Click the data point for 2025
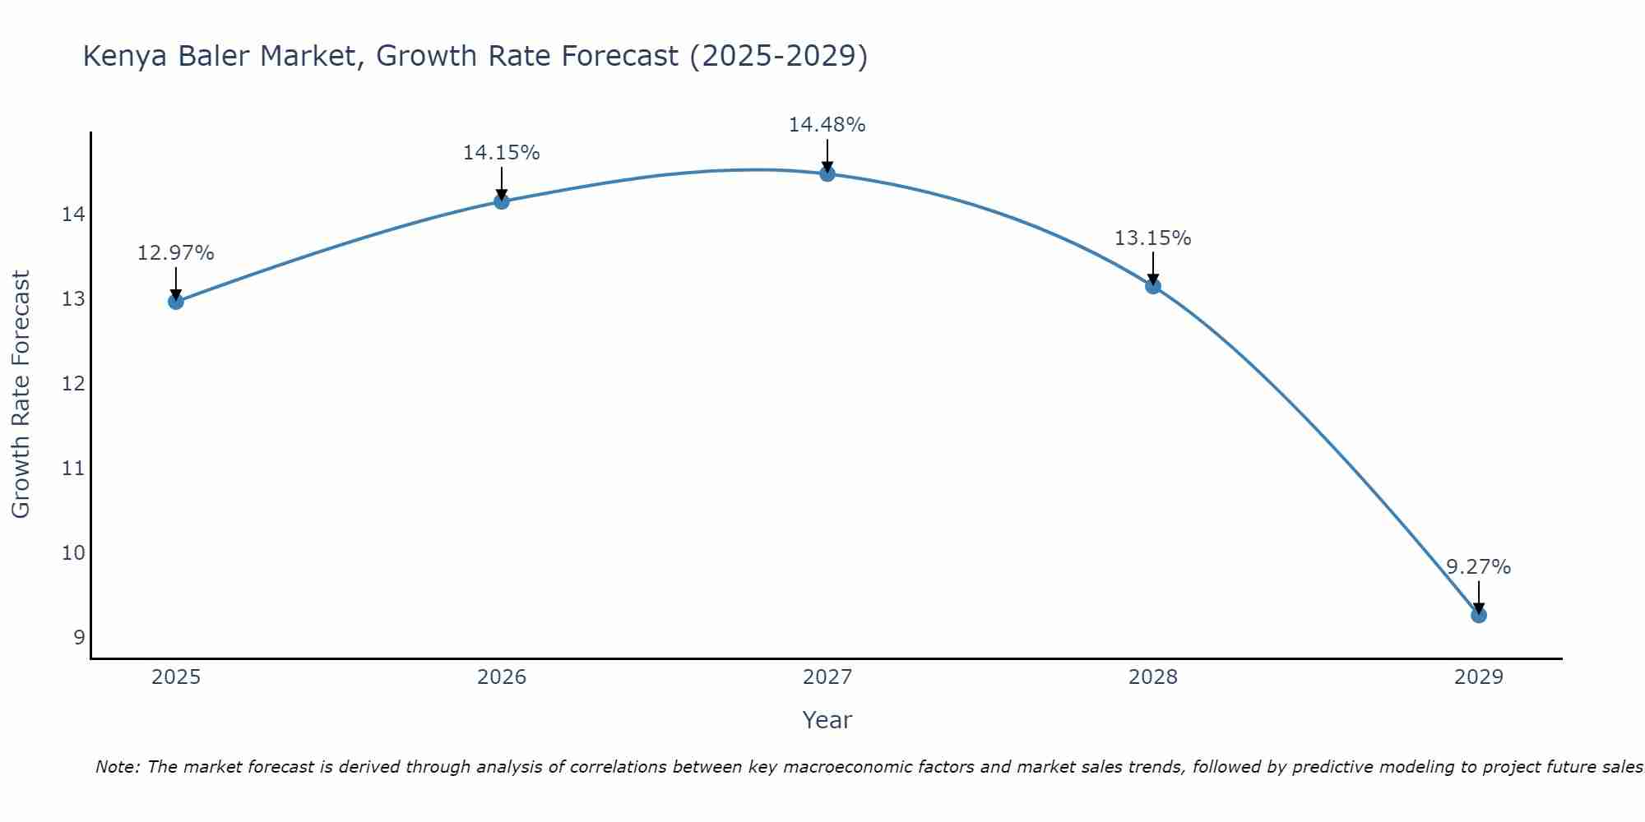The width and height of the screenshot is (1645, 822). [176, 302]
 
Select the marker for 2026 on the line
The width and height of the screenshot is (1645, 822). [502, 201]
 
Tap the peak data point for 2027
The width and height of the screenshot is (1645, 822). [827, 173]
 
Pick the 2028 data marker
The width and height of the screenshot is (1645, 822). [1153, 286]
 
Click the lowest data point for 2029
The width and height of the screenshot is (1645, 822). [1479, 615]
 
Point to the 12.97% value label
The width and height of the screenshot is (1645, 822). [176, 253]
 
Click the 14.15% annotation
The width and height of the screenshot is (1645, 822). [502, 153]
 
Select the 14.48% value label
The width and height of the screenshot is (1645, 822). [827, 125]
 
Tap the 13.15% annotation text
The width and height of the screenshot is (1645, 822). [1153, 238]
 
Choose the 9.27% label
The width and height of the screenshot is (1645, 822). [1479, 567]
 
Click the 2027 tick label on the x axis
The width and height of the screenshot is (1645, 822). [827, 677]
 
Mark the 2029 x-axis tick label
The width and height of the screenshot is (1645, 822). [1479, 677]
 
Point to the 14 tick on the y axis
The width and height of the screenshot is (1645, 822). [73, 215]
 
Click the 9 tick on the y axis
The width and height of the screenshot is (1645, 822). [79, 637]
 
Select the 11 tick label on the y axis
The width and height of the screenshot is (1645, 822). [73, 469]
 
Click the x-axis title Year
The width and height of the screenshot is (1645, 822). [827, 720]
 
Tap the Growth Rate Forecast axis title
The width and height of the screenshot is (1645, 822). [21, 395]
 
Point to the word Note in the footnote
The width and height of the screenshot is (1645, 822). [118, 767]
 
